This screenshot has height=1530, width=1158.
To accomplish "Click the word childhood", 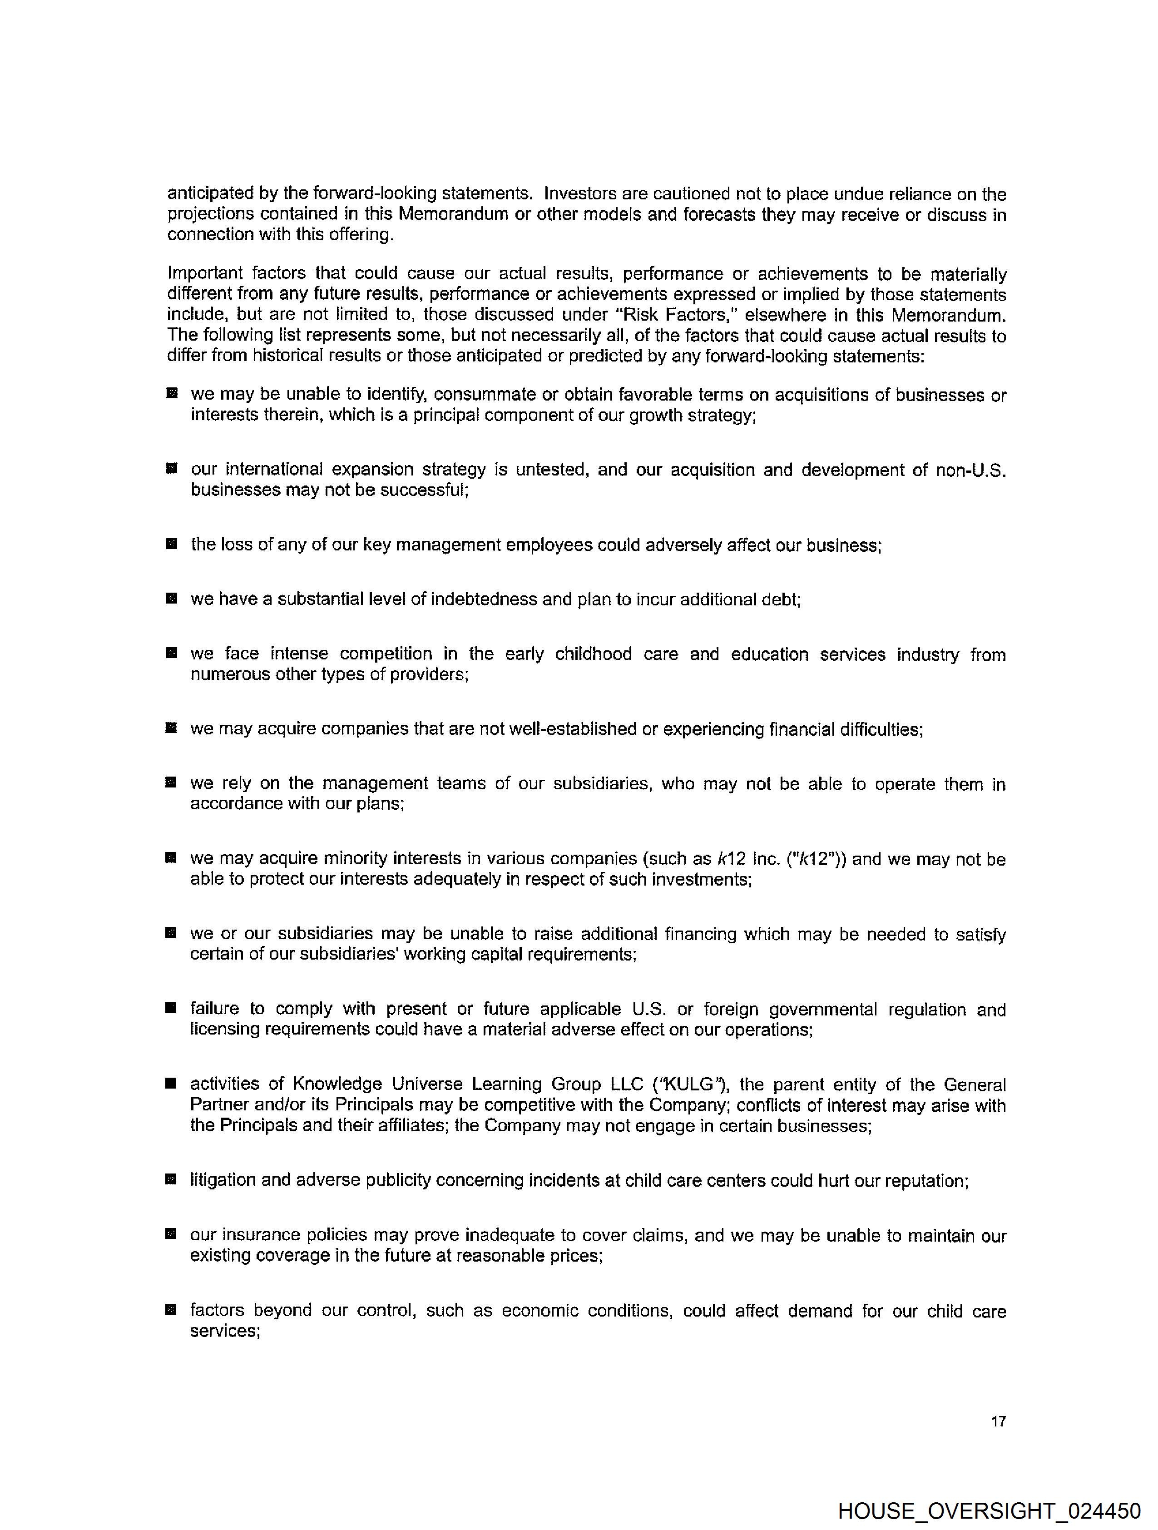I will tap(593, 654).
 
